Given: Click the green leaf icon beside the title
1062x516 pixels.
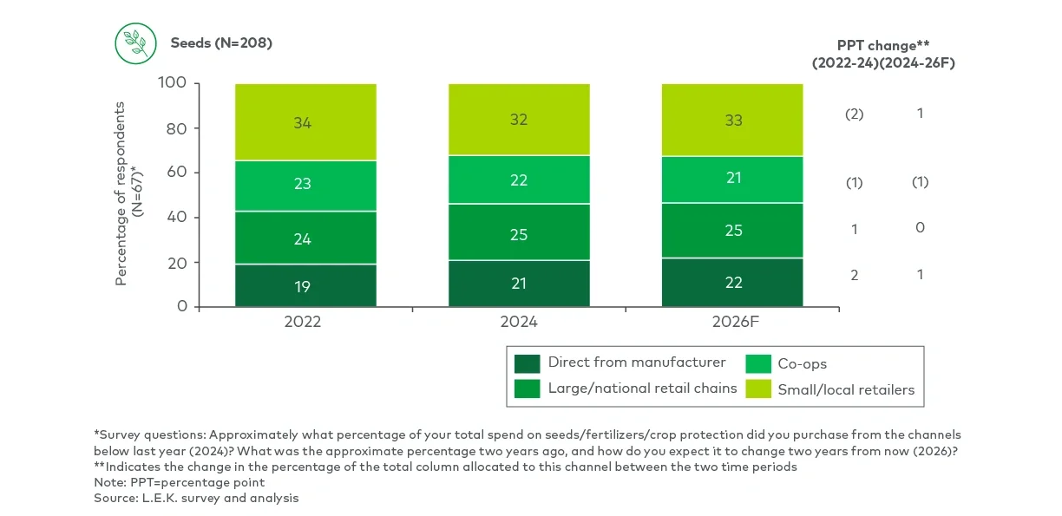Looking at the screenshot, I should (135, 42).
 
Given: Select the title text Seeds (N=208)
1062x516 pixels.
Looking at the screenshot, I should (221, 42).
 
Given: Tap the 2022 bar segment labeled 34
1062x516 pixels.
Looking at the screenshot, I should (305, 122).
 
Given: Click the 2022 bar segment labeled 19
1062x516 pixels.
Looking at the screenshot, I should (305, 285).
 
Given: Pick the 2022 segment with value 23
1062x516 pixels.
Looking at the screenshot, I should (305, 185).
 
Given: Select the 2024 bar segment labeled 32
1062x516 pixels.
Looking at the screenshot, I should (519, 120).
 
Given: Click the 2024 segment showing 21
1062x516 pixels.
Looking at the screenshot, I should (519, 283).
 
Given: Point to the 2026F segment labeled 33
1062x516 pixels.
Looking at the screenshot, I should (732, 121).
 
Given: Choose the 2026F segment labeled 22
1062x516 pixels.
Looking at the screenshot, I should (732, 282).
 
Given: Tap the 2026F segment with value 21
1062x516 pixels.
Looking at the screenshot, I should (732, 180).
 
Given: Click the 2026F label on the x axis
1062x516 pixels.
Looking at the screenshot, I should (732, 322).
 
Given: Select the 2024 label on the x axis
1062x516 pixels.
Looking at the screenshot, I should (519, 322).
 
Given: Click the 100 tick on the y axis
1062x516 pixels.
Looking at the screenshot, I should (174, 84).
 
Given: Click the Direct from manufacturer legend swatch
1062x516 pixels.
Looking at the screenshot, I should (527, 363).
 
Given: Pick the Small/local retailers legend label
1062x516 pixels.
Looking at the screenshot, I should (846, 389).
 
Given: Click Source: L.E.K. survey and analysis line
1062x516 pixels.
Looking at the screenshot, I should (196, 499).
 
